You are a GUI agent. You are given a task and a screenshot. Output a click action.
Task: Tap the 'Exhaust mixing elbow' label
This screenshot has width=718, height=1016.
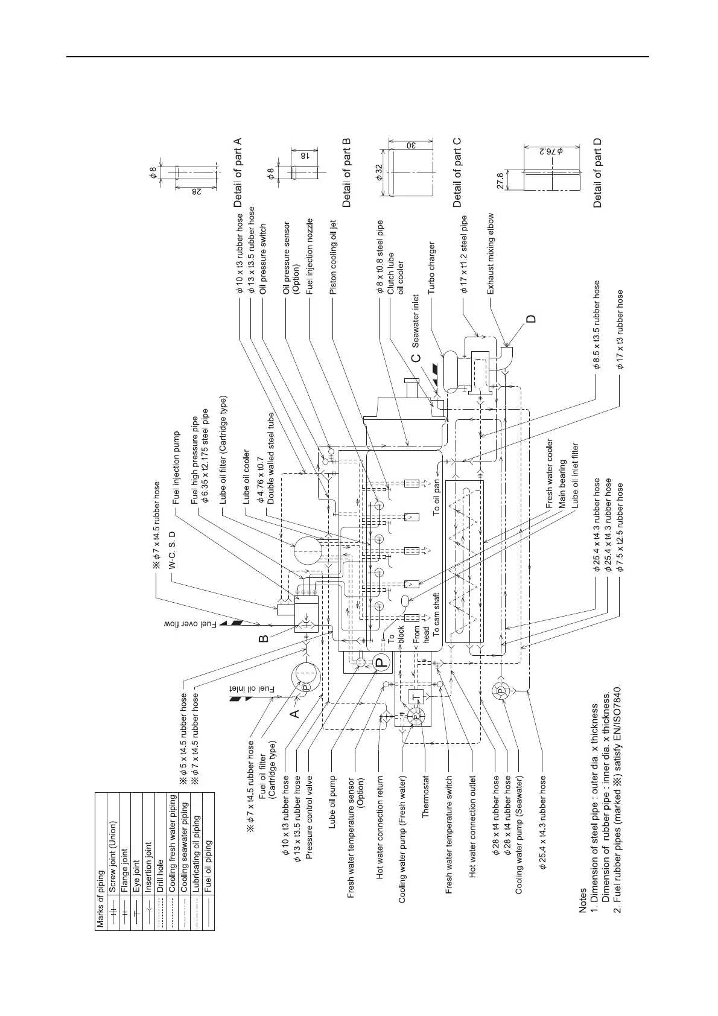pyautogui.click(x=491, y=254)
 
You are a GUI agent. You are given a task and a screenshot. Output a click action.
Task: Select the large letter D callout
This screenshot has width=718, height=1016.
pyautogui.click(x=531, y=319)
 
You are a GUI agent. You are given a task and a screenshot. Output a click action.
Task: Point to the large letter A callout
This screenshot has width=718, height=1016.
pyautogui.click(x=295, y=713)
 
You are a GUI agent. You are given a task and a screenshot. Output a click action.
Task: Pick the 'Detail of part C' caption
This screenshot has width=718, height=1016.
pyautogui.click(x=457, y=173)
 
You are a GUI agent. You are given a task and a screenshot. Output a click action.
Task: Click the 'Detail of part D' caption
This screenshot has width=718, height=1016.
pyautogui.click(x=598, y=173)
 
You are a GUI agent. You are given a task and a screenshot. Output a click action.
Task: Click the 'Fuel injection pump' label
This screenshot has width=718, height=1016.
pyautogui.click(x=176, y=468)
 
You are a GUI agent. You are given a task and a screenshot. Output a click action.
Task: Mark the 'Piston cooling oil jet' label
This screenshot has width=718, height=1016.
pyautogui.click(x=332, y=256)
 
